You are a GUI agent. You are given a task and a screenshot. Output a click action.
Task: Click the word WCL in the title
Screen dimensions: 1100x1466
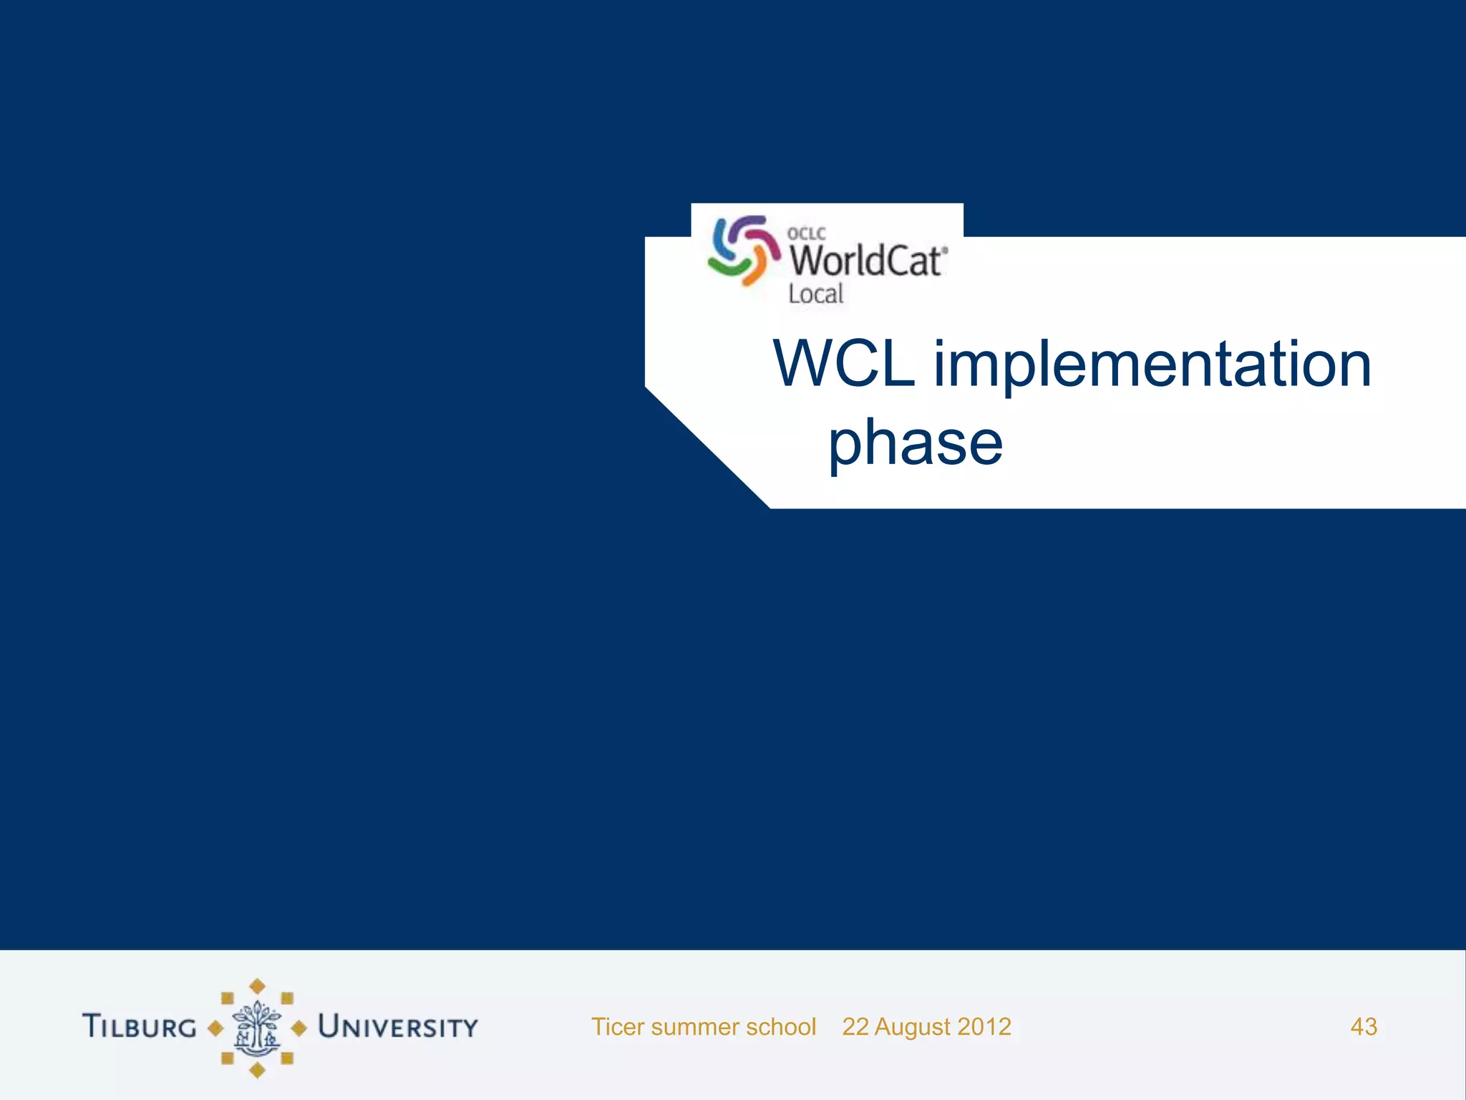click(x=845, y=365)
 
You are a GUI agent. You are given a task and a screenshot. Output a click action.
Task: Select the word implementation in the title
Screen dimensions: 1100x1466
click(x=1152, y=366)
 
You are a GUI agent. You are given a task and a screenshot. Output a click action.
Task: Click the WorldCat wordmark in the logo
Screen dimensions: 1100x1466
click(x=868, y=261)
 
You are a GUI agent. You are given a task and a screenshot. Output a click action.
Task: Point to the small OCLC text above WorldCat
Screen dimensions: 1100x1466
click(x=806, y=233)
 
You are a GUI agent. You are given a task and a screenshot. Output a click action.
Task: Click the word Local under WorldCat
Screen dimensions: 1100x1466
click(x=816, y=294)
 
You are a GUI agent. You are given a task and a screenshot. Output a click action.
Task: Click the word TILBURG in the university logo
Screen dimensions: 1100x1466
click(x=140, y=1026)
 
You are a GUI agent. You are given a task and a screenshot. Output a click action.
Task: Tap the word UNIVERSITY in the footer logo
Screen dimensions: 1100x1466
click(x=398, y=1027)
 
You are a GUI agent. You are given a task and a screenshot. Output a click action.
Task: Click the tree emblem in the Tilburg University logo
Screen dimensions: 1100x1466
click(x=257, y=1028)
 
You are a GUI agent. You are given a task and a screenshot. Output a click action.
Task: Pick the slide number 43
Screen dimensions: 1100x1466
click(x=1364, y=1027)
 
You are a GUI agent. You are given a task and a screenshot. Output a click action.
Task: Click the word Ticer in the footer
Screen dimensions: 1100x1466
click(x=618, y=1027)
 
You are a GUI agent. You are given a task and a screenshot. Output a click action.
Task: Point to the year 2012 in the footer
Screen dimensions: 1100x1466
click(x=984, y=1027)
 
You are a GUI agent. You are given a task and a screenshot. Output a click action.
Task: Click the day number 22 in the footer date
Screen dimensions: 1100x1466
click(x=855, y=1027)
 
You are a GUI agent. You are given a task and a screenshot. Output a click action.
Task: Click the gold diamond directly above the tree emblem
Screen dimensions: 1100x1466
click(x=257, y=986)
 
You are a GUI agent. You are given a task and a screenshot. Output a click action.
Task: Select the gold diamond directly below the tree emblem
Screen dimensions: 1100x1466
click(x=257, y=1071)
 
